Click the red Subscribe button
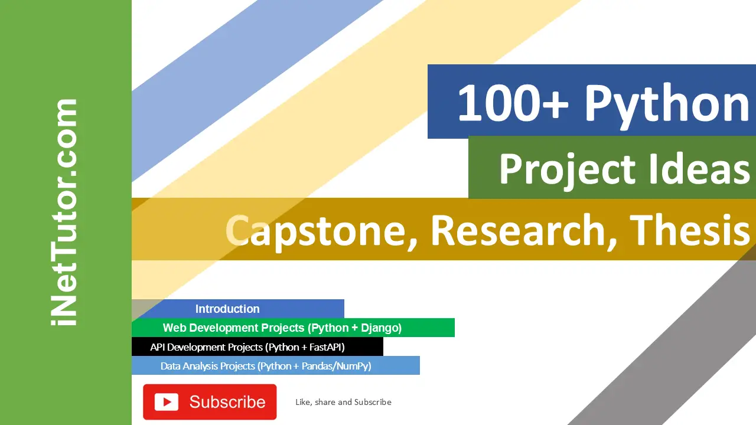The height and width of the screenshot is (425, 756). [210, 402]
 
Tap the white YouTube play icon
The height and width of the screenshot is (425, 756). [167, 402]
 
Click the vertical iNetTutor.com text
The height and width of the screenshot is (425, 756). [64, 212]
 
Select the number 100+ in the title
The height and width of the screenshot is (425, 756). [513, 103]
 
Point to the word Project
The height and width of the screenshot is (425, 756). [568, 171]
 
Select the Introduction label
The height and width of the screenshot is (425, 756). [227, 309]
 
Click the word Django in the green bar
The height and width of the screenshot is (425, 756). [382, 328]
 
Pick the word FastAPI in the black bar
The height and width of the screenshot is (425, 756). [327, 347]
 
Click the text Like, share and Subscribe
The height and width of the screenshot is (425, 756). [343, 402]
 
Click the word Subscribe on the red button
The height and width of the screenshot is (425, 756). [227, 402]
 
